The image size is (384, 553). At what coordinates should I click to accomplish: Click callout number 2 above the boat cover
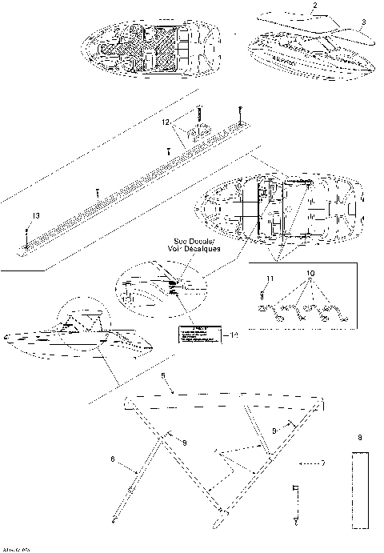click(x=314, y=6)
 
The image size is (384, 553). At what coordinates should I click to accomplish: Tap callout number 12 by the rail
click(x=166, y=122)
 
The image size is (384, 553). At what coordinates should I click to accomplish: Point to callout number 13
click(x=34, y=214)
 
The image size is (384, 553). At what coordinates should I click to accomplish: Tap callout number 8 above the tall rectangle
click(x=361, y=439)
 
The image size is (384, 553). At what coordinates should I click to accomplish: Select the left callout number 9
click(x=184, y=443)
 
